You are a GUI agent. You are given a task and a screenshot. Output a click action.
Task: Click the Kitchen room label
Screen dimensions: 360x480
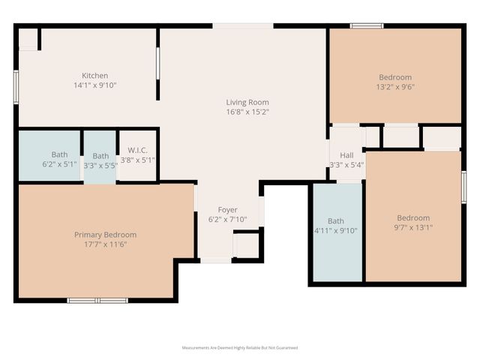pyautogui.click(x=94, y=75)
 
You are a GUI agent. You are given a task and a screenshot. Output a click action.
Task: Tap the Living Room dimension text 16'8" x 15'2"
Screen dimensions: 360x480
pyautogui.click(x=247, y=112)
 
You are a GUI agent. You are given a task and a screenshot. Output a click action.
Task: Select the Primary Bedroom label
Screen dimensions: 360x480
pyautogui.click(x=105, y=235)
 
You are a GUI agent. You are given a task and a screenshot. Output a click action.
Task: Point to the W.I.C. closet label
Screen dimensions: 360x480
pyautogui.click(x=137, y=149)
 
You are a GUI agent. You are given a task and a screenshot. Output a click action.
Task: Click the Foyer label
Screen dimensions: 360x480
pyautogui.click(x=227, y=209)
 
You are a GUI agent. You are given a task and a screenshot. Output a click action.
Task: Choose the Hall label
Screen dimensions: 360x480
pyautogui.click(x=346, y=154)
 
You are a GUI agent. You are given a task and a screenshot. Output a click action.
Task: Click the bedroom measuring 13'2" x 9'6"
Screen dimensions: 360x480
pyautogui.click(x=394, y=77)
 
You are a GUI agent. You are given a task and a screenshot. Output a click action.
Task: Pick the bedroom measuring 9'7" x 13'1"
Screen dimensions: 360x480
pyautogui.click(x=413, y=217)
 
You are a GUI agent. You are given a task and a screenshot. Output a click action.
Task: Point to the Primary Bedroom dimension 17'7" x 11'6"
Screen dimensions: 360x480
pyautogui.click(x=105, y=244)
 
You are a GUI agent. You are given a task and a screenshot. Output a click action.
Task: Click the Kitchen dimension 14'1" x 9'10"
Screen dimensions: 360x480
pyautogui.click(x=94, y=85)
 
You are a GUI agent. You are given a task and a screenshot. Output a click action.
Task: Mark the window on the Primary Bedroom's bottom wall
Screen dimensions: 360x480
pyautogui.click(x=97, y=300)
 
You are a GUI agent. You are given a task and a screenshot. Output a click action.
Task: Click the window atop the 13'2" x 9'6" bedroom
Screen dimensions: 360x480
pyautogui.click(x=367, y=25)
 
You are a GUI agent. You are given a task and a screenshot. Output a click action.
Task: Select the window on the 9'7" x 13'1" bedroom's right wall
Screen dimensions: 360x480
pyautogui.click(x=463, y=187)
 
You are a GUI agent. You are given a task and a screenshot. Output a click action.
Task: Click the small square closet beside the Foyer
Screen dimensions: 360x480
pyautogui.click(x=246, y=245)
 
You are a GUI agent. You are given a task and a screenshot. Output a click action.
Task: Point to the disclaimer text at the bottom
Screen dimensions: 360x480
pyautogui.click(x=240, y=348)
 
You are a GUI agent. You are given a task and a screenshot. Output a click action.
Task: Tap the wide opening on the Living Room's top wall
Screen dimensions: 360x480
pyautogui.click(x=242, y=25)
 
